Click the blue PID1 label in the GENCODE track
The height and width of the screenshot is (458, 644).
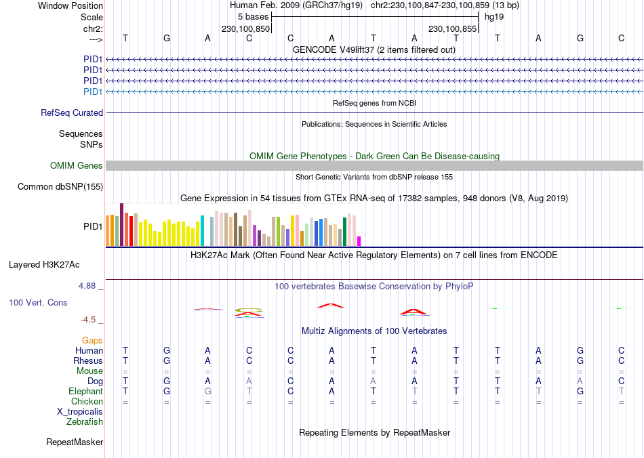pos(92,91)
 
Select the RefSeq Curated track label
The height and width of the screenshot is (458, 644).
pos(72,113)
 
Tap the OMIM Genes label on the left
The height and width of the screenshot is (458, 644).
pos(77,166)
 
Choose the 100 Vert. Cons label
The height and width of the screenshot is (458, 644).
pos(38,302)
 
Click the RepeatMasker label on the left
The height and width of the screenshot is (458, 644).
pos(75,442)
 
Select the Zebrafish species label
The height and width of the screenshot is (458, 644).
pos(85,422)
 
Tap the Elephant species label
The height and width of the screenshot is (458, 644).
pos(85,392)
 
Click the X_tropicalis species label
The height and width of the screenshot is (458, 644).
pos(80,412)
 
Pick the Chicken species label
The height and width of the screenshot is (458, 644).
pos(87,402)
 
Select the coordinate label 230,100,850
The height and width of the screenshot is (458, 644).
pos(246,29)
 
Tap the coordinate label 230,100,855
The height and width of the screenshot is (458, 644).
pos(452,29)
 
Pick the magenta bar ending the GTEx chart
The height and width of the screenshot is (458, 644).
pos(359,241)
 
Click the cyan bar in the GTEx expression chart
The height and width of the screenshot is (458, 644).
pos(203,230)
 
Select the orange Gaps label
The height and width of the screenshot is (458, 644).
pos(92,340)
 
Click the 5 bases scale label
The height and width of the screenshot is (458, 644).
pos(253,16)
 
